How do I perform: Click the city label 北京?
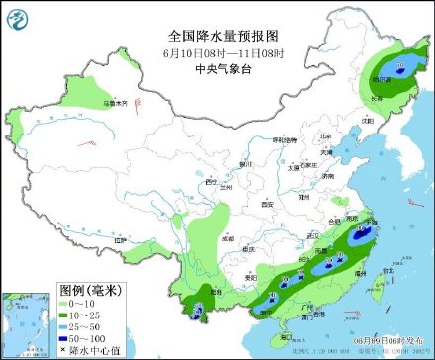323,137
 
